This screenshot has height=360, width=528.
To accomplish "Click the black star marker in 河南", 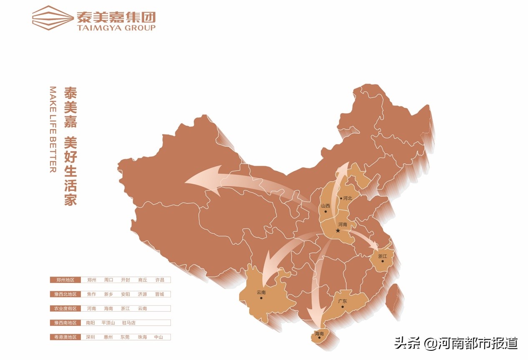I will (x=338, y=230).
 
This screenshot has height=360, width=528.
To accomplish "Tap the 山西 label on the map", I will (x=325, y=206).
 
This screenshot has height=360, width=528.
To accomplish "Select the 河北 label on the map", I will (x=347, y=198).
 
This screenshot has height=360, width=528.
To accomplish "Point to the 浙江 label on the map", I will (x=383, y=256).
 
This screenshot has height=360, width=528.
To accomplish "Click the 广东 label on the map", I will (x=343, y=301).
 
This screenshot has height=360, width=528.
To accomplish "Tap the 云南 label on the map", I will (x=261, y=292).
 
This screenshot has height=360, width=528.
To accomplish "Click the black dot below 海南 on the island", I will (x=319, y=338).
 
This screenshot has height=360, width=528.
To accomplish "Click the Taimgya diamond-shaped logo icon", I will (x=52, y=18).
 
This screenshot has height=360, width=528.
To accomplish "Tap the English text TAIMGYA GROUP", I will (x=116, y=28).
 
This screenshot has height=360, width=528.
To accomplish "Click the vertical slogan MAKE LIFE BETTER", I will (x=53, y=130).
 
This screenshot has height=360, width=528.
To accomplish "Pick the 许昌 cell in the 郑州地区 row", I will (x=160, y=280).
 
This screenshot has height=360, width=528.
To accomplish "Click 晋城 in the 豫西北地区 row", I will (x=160, y=294).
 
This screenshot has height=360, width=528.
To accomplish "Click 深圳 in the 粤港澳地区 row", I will (x=91, y=337).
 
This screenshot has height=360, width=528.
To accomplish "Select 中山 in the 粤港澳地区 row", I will (x=159, y=337).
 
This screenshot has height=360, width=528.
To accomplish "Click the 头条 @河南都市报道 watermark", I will (x=456, y=343).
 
